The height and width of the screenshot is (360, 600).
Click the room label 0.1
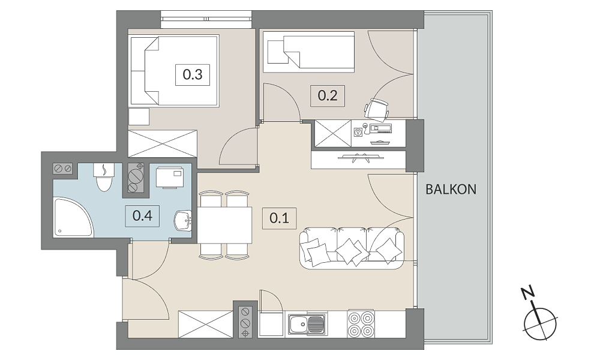280,218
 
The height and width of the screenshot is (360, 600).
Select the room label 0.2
328,95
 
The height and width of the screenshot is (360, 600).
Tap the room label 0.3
193,74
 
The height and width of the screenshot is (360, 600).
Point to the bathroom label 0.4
142,216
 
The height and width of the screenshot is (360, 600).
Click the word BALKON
451,190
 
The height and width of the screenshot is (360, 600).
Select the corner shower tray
73,217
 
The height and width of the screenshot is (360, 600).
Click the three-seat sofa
352,248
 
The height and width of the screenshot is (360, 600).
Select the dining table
225,225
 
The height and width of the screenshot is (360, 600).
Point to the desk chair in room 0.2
377,109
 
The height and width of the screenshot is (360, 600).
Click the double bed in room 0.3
175,71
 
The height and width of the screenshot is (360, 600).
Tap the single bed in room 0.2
308,52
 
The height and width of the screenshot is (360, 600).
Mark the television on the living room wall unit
359,157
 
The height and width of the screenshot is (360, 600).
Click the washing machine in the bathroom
170,177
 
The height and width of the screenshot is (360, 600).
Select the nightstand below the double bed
139,116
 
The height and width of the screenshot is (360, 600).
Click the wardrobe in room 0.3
163,143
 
